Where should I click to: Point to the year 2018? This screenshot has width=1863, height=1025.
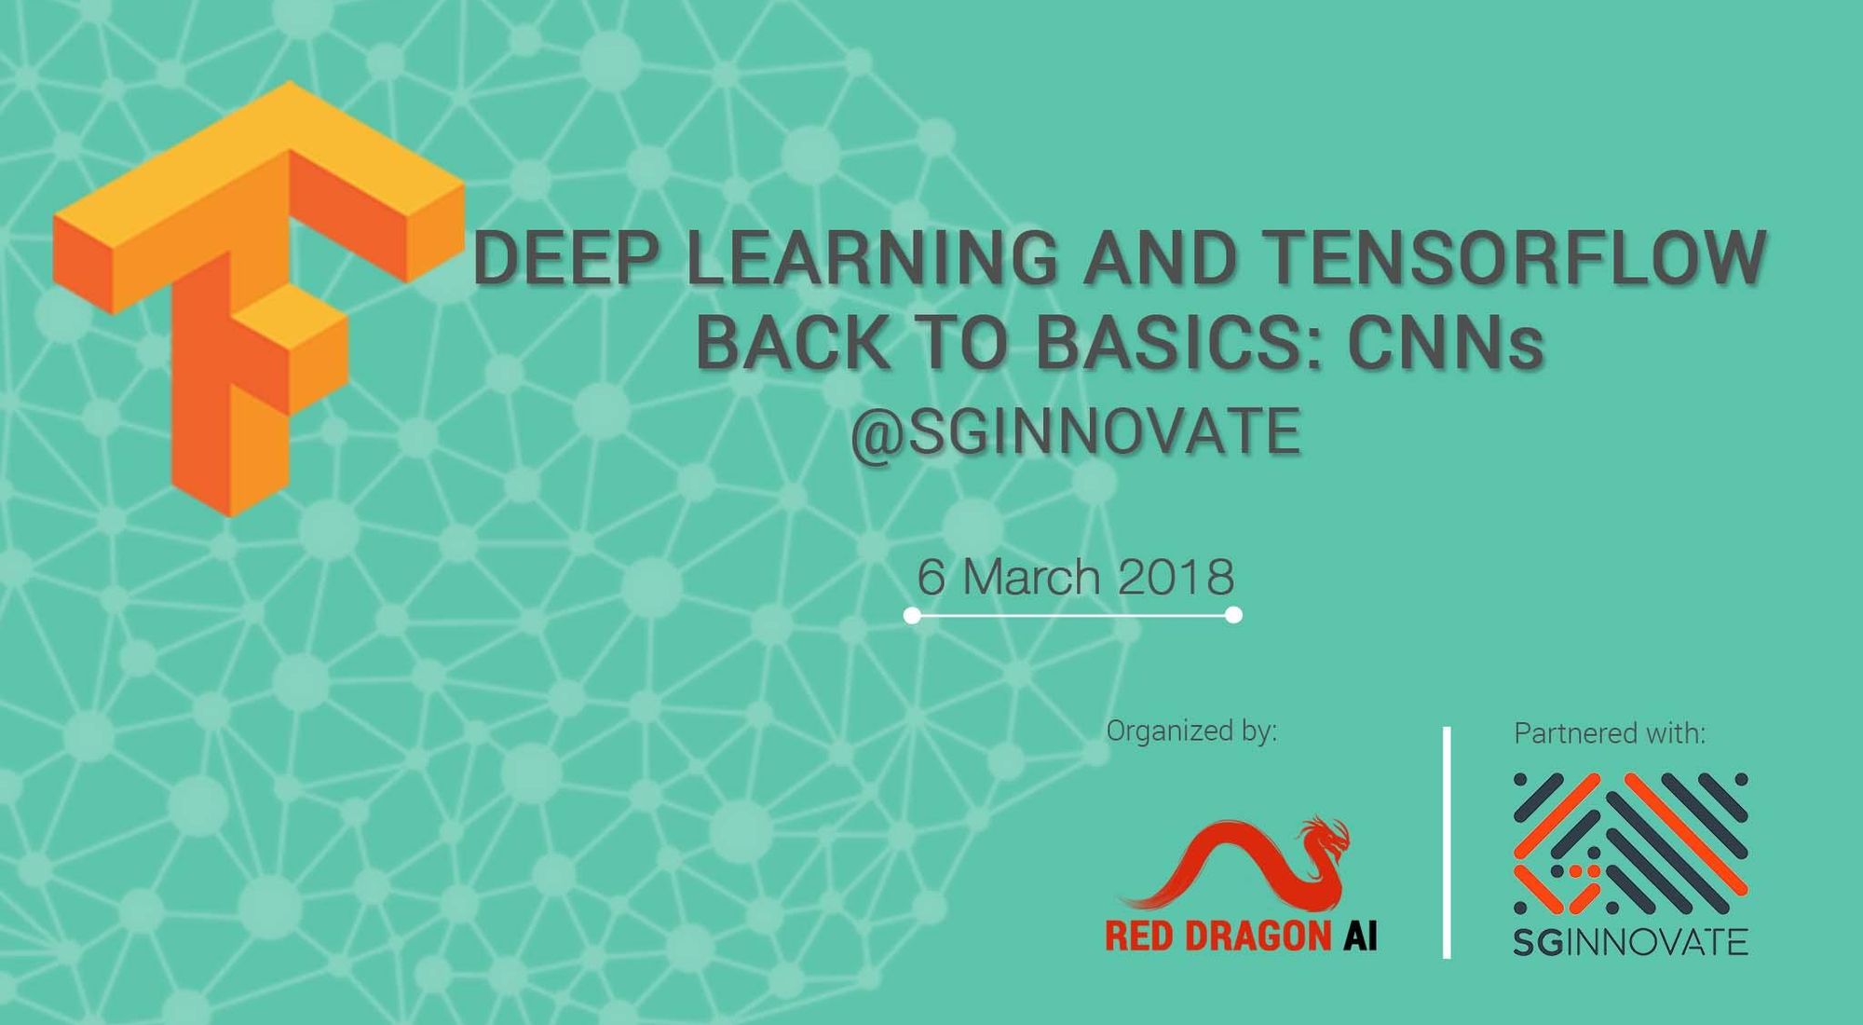1176,577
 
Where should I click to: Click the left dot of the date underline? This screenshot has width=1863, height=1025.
912,615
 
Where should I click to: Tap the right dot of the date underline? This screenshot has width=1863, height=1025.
1233,615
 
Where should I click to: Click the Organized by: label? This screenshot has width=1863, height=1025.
1191,732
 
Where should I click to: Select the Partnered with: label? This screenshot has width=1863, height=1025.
1610,733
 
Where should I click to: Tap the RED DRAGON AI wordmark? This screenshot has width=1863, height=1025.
1241,936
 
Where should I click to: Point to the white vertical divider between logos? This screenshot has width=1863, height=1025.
1447,842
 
